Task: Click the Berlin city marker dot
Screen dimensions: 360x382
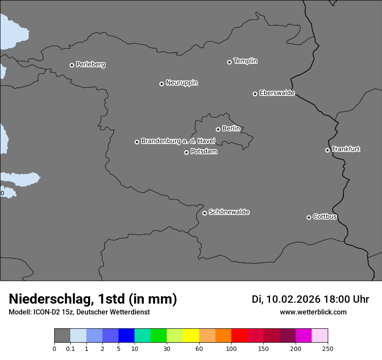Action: click(218, 129)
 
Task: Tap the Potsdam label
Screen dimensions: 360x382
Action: click(204, 152)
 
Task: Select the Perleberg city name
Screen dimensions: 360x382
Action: click(90, 65)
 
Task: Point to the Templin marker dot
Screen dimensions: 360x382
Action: click(229, 62)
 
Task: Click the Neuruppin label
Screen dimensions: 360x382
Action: click(181, 83)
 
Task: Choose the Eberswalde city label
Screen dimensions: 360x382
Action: click(277, 93)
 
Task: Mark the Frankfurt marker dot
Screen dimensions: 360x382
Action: click(327, 150)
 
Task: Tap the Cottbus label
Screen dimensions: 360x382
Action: click(325, 217)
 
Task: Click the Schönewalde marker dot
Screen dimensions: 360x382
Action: click(204, 213)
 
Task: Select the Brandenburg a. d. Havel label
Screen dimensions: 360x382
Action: click(178, 141)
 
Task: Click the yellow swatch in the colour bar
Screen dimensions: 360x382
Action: click(191, 336)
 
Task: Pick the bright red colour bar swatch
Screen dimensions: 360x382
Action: click(239, 336)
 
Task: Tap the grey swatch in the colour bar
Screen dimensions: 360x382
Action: click(62, 336)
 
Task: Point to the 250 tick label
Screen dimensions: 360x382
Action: click(328, 348)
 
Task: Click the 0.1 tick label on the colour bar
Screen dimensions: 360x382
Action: click(70, 348)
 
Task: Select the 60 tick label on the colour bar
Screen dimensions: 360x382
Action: click(199, 348)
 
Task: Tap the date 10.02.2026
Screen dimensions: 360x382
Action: click(293, 299)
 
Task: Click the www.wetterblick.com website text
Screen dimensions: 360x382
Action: click(313, 312)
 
